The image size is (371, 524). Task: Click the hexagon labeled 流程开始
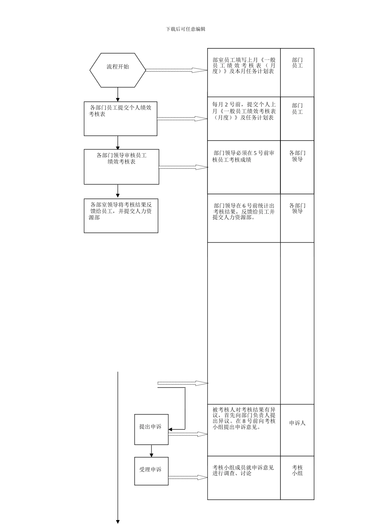(118, 70)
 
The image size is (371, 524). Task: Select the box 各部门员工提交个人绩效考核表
(120, 119)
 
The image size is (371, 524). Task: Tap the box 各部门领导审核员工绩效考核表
(121, 166)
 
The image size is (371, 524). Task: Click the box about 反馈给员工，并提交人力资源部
(121, 216)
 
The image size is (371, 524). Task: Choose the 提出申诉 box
(151, 429)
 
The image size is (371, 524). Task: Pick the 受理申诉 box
(151, 471)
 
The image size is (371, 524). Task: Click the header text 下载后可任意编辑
(185, 29)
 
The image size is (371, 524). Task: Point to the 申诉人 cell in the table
(297, 423)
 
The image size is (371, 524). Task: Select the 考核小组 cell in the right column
(297, 471)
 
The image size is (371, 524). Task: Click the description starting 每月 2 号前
(244, 111)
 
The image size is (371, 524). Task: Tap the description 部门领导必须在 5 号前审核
(244, 156)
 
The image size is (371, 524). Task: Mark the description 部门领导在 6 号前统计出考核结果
(244, 211)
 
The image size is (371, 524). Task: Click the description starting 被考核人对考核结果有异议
(244, 418)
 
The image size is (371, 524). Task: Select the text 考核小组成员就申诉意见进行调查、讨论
(243, 471)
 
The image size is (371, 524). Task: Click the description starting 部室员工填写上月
(244, 65)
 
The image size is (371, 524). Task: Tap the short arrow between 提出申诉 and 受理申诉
(152, 451)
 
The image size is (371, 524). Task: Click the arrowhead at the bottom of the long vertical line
(118, 521)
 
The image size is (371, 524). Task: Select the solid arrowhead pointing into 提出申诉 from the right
(171, 430)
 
